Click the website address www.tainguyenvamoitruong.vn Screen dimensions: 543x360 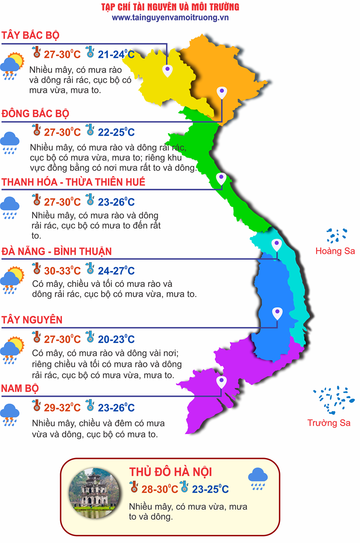[170, 18]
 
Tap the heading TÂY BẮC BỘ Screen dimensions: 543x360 [31, 36]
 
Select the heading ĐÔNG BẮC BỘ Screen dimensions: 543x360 [35, 114]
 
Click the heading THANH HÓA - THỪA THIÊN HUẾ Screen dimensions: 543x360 [73, 182]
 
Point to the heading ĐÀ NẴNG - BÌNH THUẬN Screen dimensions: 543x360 [57, 251]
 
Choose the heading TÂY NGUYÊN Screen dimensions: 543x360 [32, 320]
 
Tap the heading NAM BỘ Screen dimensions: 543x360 [20, 389]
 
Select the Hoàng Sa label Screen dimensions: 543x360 [335, 251]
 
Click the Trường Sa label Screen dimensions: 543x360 [329, 423]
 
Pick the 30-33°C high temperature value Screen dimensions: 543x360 [62, 271]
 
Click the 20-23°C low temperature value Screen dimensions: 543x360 [116, 339]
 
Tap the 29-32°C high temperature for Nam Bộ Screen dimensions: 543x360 [62, 408]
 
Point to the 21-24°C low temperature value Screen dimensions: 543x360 [116, 55]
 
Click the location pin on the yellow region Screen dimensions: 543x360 [168, 70]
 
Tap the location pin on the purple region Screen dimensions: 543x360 [221, 382]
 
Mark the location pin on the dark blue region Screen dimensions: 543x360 [277, 313]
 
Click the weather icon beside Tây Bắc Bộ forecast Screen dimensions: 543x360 [12, 66]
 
